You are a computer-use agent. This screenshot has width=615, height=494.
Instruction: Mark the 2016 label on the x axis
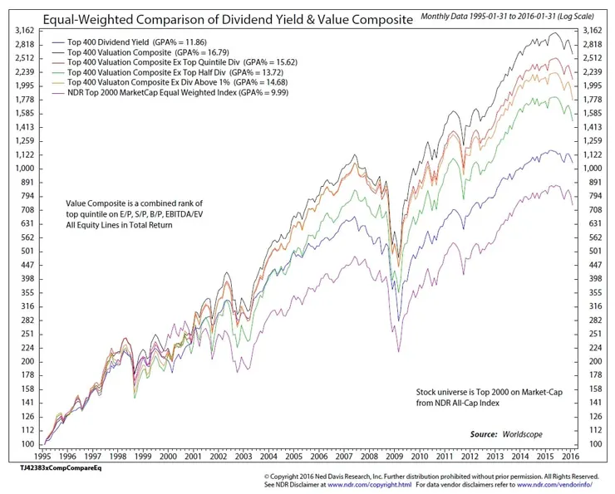click(x=569, y=457)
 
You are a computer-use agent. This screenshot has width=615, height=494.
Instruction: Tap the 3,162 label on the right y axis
click(x=593, y=31)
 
